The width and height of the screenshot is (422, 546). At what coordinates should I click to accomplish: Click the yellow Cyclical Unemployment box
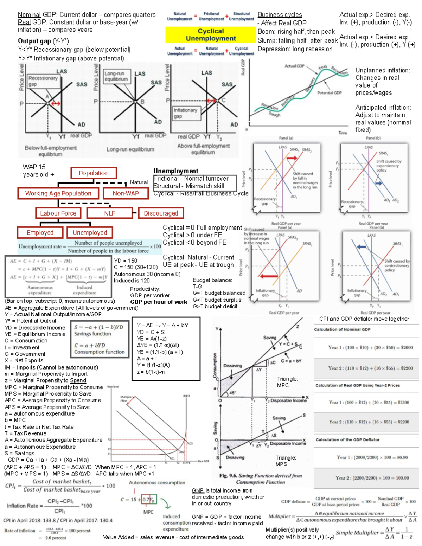211,35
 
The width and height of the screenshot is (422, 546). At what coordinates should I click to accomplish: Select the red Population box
94,173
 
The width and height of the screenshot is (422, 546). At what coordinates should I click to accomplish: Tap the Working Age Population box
58,193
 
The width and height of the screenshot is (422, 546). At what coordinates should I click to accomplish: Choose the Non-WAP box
126,193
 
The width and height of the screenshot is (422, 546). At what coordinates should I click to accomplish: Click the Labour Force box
58,213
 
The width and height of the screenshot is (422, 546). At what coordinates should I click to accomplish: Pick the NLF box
109,213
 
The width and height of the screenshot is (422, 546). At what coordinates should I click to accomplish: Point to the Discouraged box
161,213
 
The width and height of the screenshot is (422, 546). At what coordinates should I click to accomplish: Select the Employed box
40,232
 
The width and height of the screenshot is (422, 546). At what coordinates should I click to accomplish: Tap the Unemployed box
90,232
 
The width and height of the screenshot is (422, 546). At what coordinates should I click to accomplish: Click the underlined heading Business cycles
280,15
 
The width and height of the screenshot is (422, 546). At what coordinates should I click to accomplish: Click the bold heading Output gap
34,41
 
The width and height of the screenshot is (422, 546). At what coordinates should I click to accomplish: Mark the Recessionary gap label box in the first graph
43,81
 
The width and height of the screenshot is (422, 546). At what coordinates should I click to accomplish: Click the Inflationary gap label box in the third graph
185,113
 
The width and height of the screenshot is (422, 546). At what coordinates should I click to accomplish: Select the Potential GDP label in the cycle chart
329,93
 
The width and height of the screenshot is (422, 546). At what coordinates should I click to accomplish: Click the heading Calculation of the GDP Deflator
347,439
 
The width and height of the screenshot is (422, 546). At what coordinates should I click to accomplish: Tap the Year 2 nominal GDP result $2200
407,368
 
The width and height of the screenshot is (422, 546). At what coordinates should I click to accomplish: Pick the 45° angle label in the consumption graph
232,393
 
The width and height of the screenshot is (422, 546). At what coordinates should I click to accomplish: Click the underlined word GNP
198,490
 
